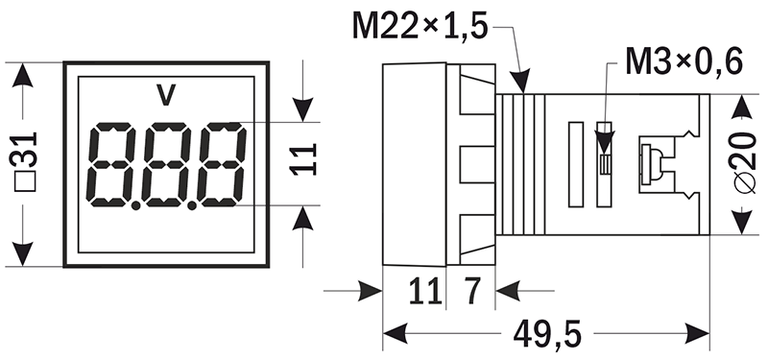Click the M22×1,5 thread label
point(420,25)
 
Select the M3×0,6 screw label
point(684,62)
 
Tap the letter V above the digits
point(166,95)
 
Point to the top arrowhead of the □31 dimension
point(20,75)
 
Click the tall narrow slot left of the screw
point(575,163)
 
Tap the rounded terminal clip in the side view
point(650,163)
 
